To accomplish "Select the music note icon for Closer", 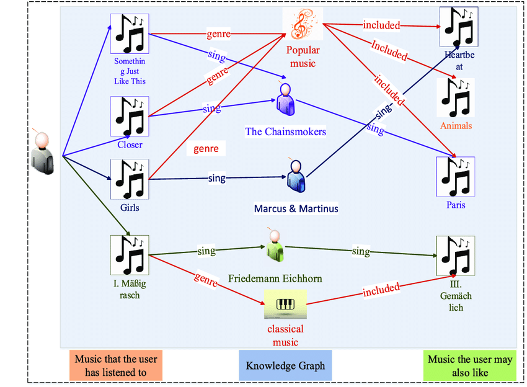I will [129, 116].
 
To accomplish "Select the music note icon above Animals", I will [456, 97].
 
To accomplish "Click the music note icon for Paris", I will [456, 176].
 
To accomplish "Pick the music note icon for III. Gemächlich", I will [456, 256].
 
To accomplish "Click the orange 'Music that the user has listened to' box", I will [116, 365].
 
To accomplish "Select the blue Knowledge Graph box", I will [285, 365].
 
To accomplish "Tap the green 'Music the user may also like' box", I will [470, 365].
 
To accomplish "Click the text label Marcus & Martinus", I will [296, 208].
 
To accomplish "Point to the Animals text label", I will [456, 126].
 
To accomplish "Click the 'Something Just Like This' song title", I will [130, 71].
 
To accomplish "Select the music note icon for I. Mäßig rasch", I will [129, 255].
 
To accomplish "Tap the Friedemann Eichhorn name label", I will [275, 278].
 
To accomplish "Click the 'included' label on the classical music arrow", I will [381, 289].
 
